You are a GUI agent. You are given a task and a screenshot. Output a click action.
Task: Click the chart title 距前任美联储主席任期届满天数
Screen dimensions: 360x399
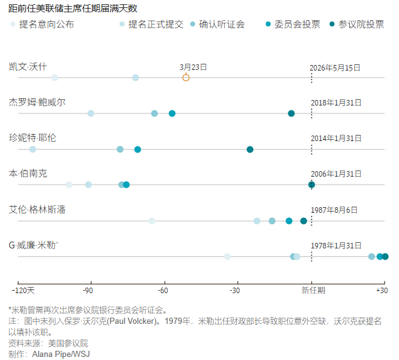73,8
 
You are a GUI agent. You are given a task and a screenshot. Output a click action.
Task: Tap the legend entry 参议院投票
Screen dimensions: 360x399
356,25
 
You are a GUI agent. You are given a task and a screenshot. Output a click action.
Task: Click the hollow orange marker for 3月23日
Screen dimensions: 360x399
186,77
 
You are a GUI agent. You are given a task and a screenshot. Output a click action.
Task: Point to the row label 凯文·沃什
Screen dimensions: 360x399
28,66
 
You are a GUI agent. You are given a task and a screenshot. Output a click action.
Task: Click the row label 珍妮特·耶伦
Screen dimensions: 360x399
33,138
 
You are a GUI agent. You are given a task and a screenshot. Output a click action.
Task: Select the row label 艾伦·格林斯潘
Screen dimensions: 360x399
37,210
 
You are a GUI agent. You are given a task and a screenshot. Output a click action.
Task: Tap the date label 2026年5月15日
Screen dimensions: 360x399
335,67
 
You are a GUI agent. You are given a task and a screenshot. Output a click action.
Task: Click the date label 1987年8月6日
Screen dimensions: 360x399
334,210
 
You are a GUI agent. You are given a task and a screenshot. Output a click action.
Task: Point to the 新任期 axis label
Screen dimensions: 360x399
313,289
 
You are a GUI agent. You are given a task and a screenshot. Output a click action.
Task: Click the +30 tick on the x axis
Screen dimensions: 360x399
381,289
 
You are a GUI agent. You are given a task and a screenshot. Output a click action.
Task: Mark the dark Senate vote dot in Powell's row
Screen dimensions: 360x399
292,113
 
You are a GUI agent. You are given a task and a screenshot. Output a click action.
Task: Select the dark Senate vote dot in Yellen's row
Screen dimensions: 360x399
250,150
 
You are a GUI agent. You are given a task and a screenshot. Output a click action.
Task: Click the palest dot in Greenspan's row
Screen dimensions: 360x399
152,221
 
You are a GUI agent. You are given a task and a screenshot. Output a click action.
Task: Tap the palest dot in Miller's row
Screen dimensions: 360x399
228,256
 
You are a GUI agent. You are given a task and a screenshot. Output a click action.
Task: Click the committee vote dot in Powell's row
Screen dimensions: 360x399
172,113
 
